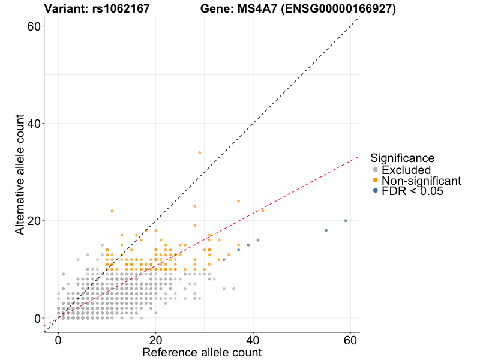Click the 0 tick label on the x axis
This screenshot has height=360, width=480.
coord(58,340)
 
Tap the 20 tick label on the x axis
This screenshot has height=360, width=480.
coord(156,340)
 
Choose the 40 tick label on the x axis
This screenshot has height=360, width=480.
coord(253,340)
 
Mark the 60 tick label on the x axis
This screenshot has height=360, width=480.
coord(350,340)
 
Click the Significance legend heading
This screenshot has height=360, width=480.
coord(402,158)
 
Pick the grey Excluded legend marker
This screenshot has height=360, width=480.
coord(376,170)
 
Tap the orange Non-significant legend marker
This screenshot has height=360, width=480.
coord(376,181)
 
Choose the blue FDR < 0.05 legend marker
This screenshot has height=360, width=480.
coord(376,191)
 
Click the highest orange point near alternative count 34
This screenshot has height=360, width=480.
coord(200,152)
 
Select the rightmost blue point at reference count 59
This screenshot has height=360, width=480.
coord(346,221)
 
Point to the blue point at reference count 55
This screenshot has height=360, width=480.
coord(326,230)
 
